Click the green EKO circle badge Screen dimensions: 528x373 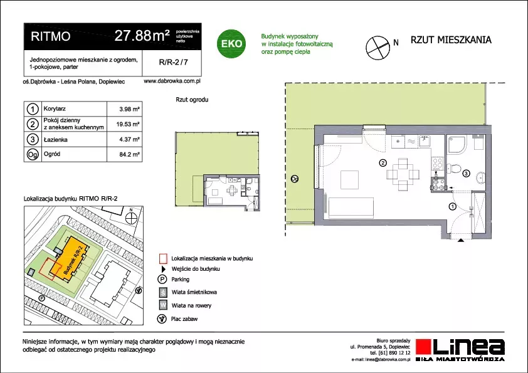[x=231, y=43]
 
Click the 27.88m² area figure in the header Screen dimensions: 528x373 [x=142, y=35]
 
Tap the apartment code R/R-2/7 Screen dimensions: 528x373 [x=173, y=62]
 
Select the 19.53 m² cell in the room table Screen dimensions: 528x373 [x=128, y=124]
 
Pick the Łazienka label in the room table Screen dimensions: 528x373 [x=56, y=139]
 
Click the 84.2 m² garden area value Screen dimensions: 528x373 [x=130, y=155]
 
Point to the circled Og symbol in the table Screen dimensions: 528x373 [x=33, y=154]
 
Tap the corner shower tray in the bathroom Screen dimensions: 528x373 [x=457, y=144]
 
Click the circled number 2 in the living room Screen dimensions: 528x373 [x=383, y=163]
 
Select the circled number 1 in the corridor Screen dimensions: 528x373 [x=453, y=206]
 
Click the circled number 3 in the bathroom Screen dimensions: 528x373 [x=466, y=174]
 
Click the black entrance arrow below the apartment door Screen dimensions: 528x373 [x=460, y=240]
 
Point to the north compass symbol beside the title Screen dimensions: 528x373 [x=378, y=48]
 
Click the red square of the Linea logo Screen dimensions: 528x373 [x=424, y=347]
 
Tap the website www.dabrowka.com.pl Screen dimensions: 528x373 [x=172, y=81]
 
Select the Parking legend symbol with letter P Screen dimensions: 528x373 [x=162, y=280]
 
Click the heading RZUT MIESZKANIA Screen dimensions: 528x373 [x=451, y=39]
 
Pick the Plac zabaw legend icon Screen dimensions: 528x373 [x=162, y=319]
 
